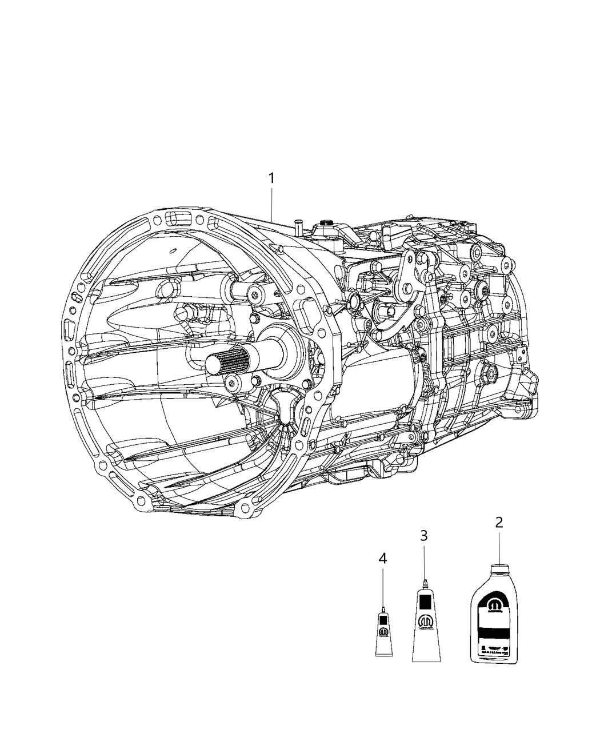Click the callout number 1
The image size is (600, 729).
point(271,178)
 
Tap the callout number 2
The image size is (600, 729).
point(499,521)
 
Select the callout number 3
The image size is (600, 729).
point(424,536)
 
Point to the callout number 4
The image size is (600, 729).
point(383,559)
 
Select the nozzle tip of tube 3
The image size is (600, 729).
point(425,583)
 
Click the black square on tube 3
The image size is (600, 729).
point(425,602)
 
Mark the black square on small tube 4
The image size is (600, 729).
point(383,621)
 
